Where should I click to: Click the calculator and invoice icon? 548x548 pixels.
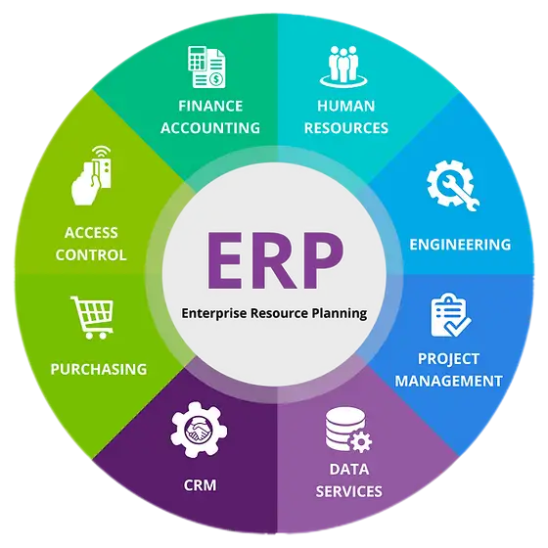tap(206, 67)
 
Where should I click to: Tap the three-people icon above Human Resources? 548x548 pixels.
tap(343, 67)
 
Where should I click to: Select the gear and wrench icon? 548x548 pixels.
tap(453, 185)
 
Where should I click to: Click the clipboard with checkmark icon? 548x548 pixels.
tap(450, 315)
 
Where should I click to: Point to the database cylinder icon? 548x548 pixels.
tap(348, 430)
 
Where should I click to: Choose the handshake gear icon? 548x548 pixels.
tap(199, 430)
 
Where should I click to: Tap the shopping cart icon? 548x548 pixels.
tap(92, 317)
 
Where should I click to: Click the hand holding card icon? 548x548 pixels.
tap(92, 175)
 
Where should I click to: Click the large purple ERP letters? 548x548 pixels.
tap(275, 260)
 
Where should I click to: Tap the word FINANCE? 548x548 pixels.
tap(210, 106)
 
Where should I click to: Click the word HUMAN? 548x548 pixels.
tap(346, 106)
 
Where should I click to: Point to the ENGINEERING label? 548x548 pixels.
tap(460, 245)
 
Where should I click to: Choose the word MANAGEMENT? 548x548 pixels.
tap(449, 381)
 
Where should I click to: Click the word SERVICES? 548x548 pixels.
tap(348, 491)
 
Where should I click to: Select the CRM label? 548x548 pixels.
tap(200, 485)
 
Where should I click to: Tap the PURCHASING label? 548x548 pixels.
tap(99, 370)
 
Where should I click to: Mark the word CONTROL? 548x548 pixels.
tap(91, 254)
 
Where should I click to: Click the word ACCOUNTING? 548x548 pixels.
tap(210, 128)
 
